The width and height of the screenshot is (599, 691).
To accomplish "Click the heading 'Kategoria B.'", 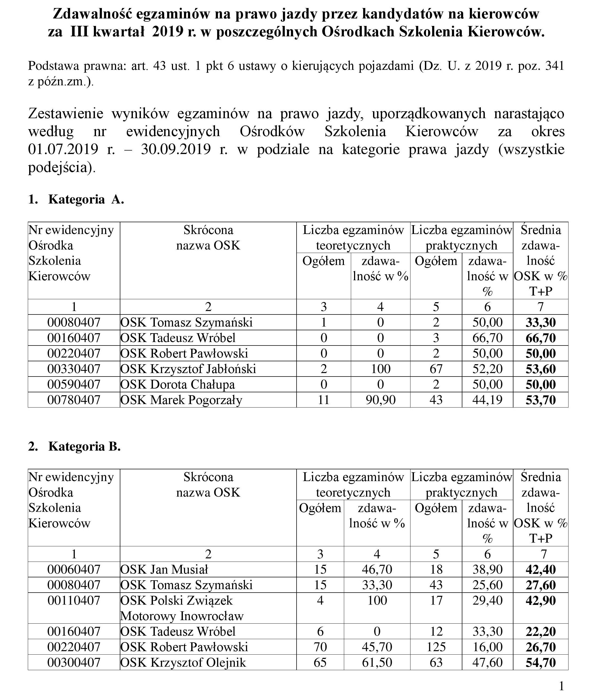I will tap(84, 447).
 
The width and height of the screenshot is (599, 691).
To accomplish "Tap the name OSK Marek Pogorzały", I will tap(181, 400).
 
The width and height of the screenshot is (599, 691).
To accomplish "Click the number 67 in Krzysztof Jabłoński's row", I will tap(436, 369).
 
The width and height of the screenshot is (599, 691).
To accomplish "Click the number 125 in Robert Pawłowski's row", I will tap(436, 647).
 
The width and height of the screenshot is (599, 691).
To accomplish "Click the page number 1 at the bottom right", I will tap(562, 685).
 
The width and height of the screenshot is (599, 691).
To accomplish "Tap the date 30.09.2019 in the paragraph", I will tap(176, 149).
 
